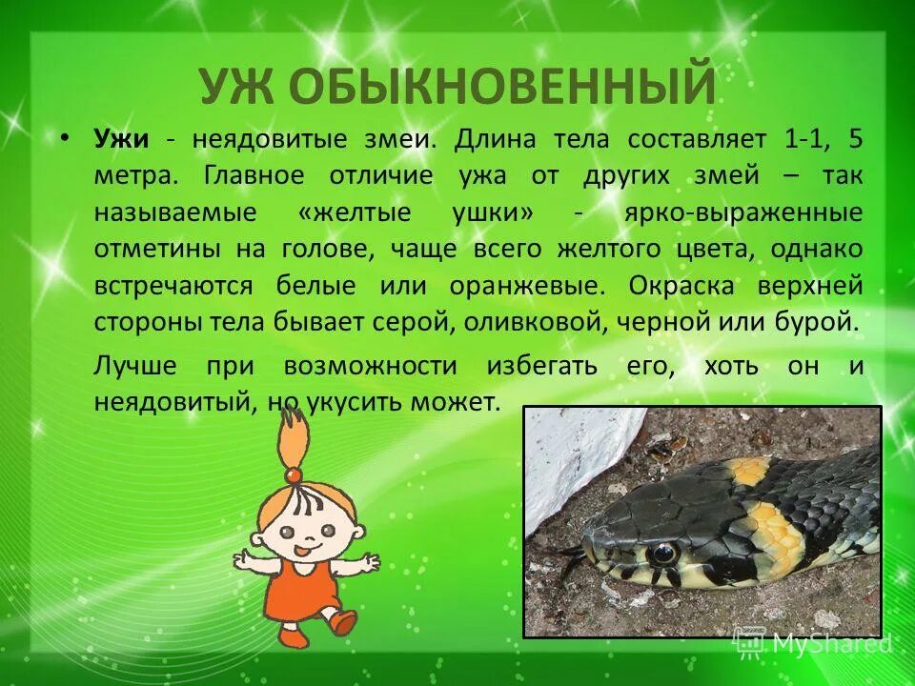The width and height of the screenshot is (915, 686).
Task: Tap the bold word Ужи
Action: (x=121, y=139)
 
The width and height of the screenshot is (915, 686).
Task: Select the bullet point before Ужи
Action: (x=64, y=138)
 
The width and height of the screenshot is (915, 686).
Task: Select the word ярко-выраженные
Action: (x=743, y=212)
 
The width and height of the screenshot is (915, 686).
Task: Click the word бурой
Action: (x=820, y=321)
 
